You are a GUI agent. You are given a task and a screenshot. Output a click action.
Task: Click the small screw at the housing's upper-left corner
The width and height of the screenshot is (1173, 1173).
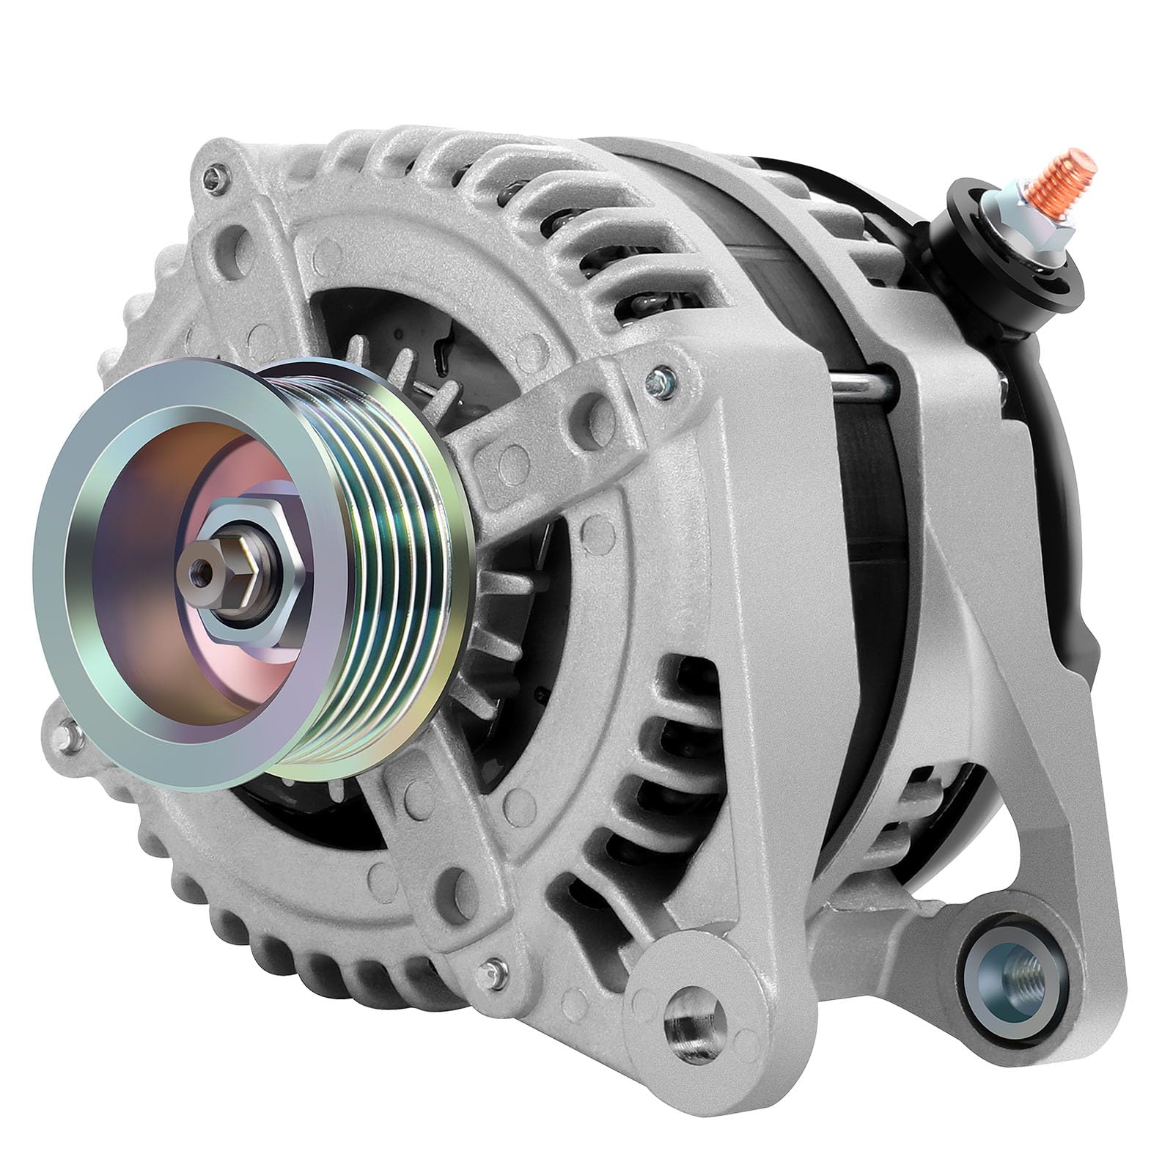coord(213,173)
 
